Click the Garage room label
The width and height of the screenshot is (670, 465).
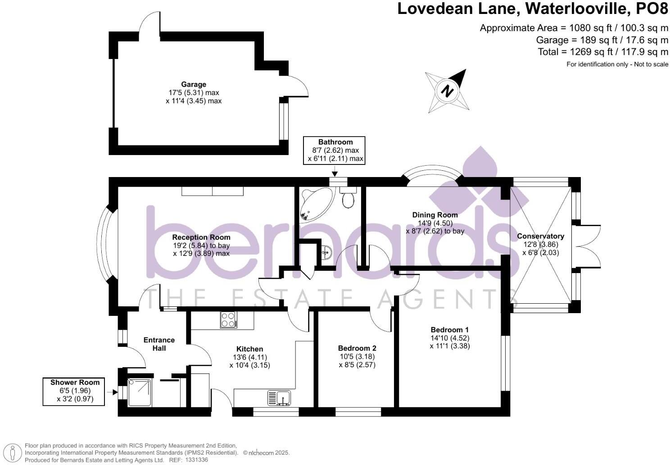point(194,84)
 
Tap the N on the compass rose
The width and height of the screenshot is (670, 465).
point(447,91)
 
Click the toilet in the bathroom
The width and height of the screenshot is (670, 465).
point(348,198)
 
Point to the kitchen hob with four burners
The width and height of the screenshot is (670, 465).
point(228,320)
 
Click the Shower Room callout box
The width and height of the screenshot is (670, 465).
point(75,391)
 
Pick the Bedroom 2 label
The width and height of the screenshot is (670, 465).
point(357,348)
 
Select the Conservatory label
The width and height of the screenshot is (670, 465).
point(540,236)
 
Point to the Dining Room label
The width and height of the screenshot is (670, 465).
point(435,215)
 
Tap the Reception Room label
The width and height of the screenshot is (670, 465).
point(201,237)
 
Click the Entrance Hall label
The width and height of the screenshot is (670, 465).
point(159,344)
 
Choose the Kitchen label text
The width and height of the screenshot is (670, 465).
point(249,349)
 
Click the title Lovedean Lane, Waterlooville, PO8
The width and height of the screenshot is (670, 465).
point(533,9)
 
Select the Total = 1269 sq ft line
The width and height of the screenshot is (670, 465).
point(602,52)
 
